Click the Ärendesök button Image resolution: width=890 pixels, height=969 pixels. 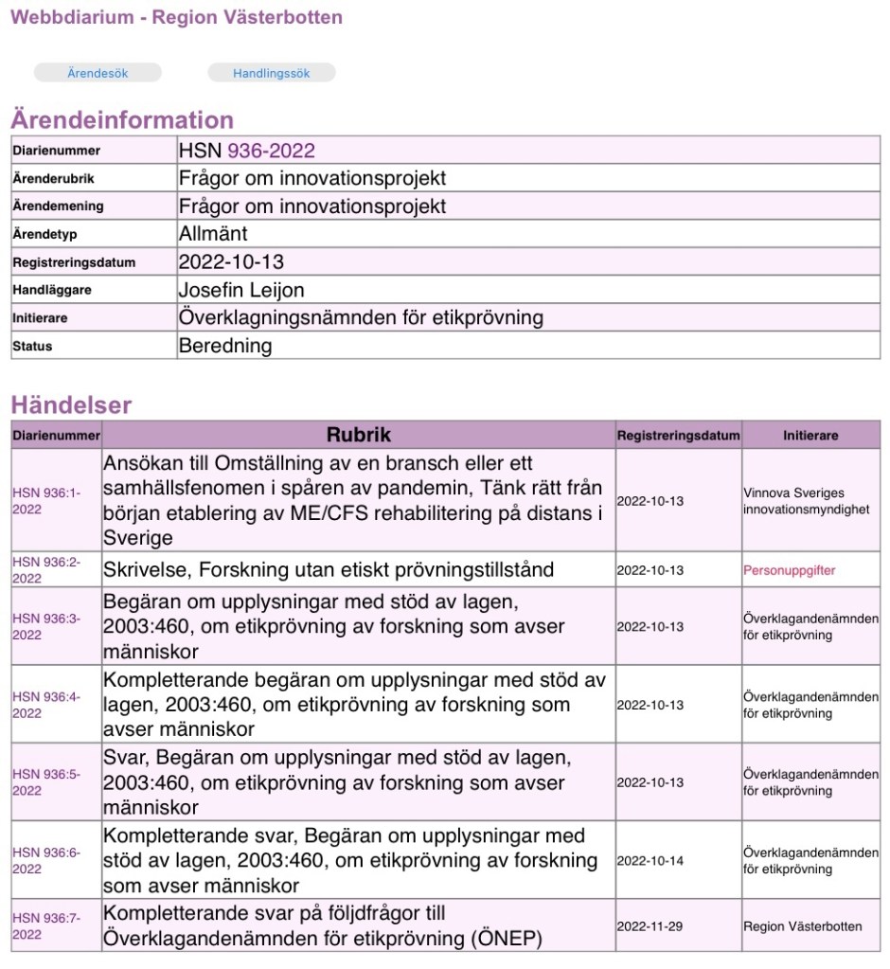(x=98, y=73)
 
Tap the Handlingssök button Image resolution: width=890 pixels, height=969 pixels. (x=271, y=73)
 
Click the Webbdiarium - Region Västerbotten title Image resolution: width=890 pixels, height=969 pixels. (x=176, y=17)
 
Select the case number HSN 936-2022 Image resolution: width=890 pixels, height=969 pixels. (x=246, y=151)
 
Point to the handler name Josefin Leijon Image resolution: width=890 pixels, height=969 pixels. (x=241, y=290)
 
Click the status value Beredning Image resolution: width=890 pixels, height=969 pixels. (x=224, y=346)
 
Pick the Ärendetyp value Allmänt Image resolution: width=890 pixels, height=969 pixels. (x=213, y=234)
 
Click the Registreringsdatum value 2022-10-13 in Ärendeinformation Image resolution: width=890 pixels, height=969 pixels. (x=231, y=261)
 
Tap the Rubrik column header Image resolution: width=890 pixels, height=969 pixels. (x=358, y=435)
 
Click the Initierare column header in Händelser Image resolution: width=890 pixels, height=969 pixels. (x=810, y=436)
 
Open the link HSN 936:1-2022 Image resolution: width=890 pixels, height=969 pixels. (x=46, y=501)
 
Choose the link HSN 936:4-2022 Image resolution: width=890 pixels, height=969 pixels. (x=46, y=705)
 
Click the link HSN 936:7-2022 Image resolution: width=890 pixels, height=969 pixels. (x=46, y=925)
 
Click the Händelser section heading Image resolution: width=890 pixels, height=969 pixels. (x=71, y=405)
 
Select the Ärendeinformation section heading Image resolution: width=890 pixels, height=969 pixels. (x=122, y=120)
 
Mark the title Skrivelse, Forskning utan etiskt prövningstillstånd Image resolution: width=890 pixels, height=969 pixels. (x=329, y=570)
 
